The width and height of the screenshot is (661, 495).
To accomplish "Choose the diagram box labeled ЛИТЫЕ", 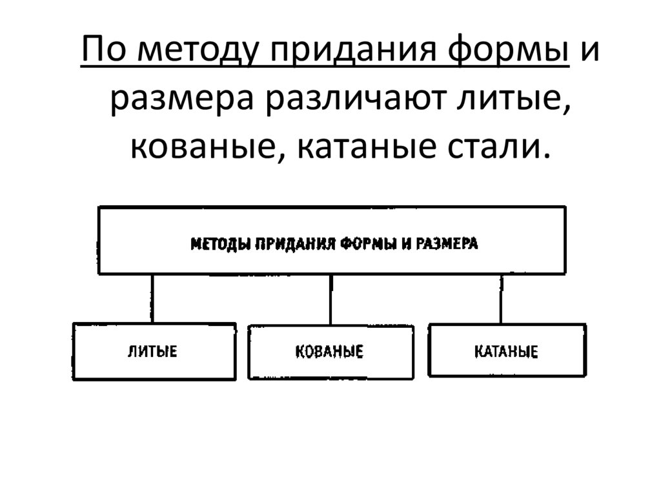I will tap(154, 351).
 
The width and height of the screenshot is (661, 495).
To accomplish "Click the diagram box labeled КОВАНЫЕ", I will tap(330, 352).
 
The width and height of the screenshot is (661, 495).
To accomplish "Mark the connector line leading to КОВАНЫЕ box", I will tap(330, 299).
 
